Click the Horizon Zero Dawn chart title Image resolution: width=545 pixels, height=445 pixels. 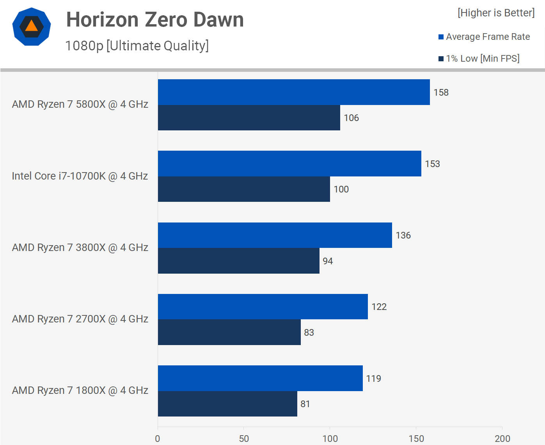point(155,20)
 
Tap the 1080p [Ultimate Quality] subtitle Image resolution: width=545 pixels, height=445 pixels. point(137,46)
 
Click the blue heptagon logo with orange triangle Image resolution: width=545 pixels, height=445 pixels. point(32,27)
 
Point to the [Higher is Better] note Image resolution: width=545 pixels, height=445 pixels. point(496,13)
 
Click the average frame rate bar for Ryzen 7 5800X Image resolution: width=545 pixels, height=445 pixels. point(294,92)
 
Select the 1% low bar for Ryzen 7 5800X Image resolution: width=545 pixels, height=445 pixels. point(249,117)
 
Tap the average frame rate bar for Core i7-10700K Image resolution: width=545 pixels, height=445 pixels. point(289,164)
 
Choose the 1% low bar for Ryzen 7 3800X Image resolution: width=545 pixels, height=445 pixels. point(239,261)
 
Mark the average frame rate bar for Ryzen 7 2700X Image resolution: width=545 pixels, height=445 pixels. point(263,306)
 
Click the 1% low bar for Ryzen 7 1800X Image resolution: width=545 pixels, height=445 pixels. point(227,404)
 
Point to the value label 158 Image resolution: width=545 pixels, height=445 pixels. point(441,93)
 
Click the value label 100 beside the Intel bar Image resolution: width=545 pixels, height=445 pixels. point(341,189)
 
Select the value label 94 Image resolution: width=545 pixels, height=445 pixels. point(328,261)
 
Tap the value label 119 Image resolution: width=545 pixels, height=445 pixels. point(374,379)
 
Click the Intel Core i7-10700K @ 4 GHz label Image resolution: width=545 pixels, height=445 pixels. point(80,176)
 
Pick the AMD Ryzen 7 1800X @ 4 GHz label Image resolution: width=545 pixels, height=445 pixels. point(80,390)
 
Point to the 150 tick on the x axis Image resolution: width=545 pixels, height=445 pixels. point(416,439)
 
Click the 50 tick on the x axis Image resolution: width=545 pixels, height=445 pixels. point(244,439)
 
